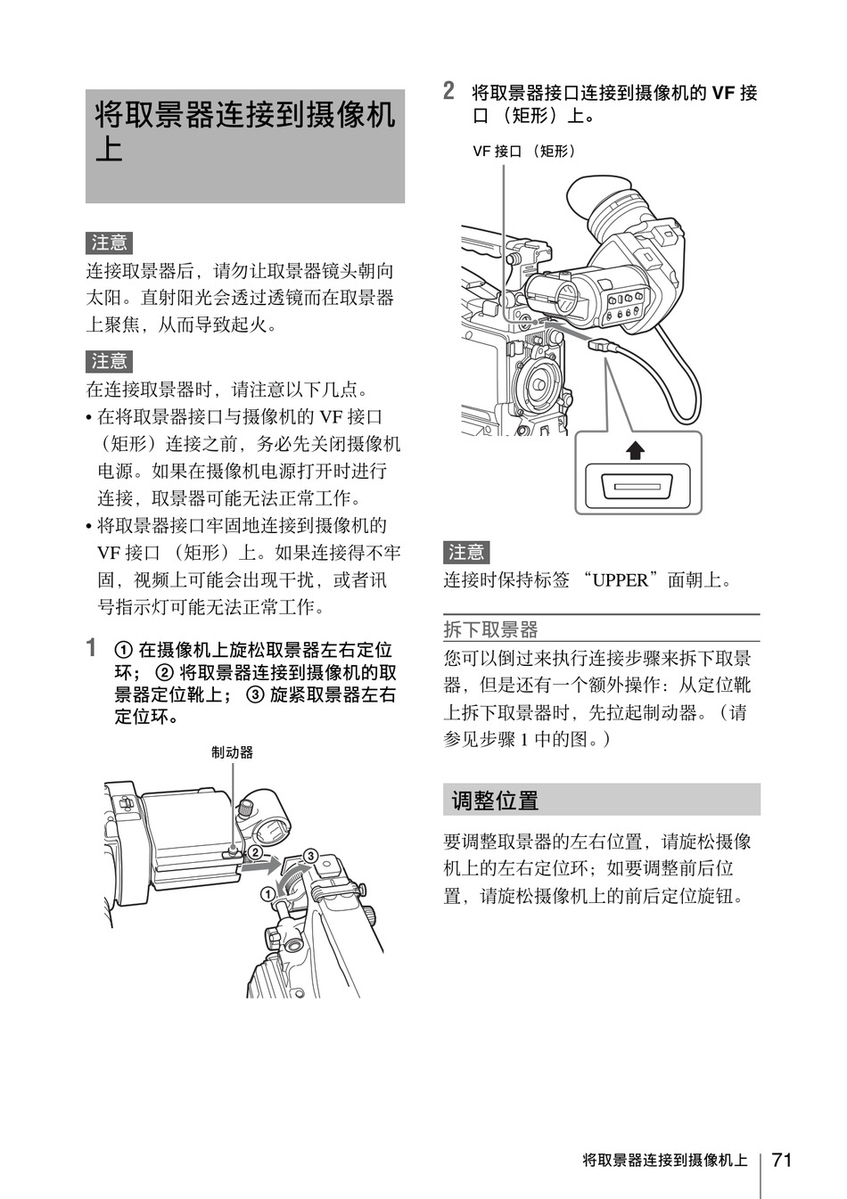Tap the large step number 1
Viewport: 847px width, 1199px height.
tap(92, 647)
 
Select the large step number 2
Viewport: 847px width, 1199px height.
tap(448, 90)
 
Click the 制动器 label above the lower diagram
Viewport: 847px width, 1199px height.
tap(232, 752)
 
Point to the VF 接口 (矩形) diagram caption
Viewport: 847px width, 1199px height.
tap(524, 151)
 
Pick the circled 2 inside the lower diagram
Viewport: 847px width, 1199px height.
tap(255, 853)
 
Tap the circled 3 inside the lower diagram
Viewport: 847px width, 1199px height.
tap(310, 856)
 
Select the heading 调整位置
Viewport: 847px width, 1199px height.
tap(495, 801)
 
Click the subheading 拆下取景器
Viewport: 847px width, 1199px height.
tap(490, 629)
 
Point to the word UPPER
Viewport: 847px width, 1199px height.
tap(621, 580)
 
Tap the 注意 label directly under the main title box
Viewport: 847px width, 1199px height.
tap(109, 243)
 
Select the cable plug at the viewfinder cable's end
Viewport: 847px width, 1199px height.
tap(602, 345)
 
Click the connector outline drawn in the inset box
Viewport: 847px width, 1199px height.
tap(637, 487)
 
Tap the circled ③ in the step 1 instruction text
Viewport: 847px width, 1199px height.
tap(255, 694)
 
